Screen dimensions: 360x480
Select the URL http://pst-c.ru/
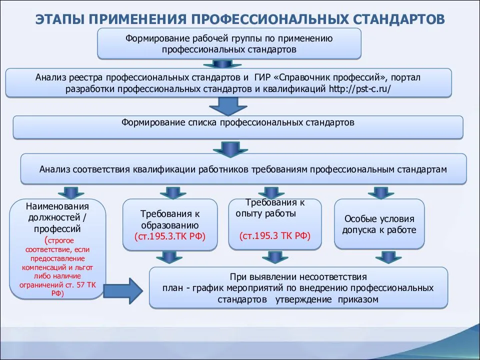point(359,88)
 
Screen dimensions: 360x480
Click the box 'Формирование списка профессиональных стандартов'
point(237,126)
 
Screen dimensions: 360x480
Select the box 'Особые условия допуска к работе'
point(378,224)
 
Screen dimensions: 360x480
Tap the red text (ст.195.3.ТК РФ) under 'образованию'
point(170,236)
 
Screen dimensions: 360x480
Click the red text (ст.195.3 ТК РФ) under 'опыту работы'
point(275,236)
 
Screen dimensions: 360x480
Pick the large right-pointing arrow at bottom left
point(127,289)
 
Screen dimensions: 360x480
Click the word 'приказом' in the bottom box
point(357,299)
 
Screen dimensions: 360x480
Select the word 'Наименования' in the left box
point(57,206)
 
